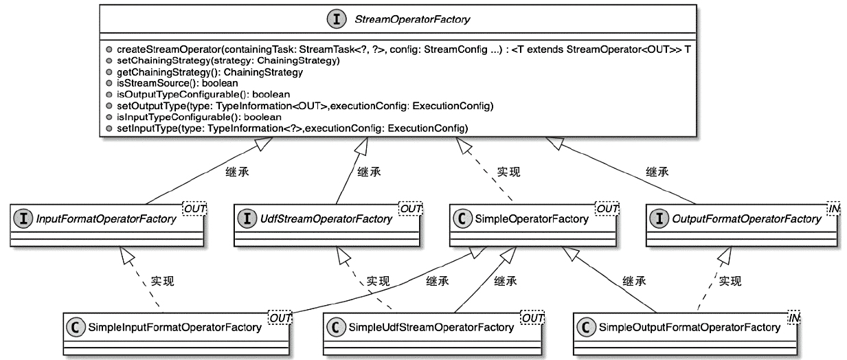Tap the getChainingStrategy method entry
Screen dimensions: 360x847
(x=210, y=72)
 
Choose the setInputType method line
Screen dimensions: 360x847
(x=292, y=128)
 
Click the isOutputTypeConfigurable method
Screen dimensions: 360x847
(x=203, y=94)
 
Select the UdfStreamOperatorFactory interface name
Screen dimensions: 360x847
(x=327, y=219)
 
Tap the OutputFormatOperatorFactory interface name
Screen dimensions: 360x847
(x=747, y=219)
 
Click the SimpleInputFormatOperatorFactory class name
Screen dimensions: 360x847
(x=174, y=328)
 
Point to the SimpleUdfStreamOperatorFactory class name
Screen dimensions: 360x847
(x=431, y=328)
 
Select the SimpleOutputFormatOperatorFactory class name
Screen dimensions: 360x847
(x=689, y=328)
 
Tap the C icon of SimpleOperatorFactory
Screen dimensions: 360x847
(x=462, y=219)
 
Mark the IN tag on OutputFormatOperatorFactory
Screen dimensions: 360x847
(x=833, y=207)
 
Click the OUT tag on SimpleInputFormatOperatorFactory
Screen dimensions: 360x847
(x=280, y=317)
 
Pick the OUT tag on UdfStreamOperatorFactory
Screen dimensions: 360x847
(x=411, y=207)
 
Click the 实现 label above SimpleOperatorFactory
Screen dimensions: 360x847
(x=508, y=172)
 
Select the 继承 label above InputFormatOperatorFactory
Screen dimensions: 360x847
(x=237, y=172)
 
